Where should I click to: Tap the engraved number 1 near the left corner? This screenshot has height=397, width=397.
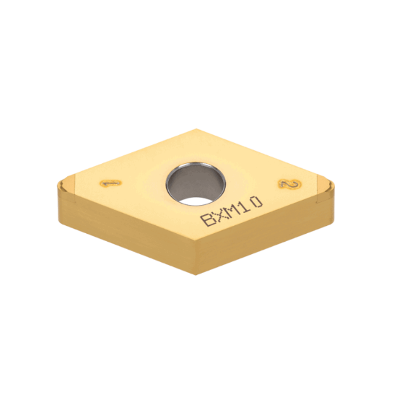(x=110, y=183)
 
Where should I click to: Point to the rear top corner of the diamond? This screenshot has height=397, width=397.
(x=196, y=130)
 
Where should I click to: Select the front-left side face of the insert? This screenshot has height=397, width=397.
(x=123, y=231)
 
